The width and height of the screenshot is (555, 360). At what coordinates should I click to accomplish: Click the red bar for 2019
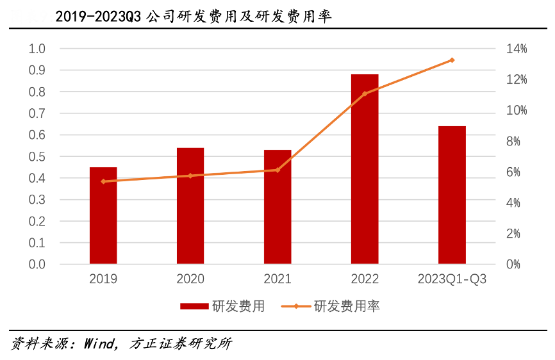tap(103, 215)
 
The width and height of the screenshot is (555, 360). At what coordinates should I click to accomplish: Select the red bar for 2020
tap(190, 206)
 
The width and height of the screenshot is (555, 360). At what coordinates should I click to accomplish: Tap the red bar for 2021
tap(277, 207)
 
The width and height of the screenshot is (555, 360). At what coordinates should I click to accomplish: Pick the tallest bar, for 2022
tap(365, 169)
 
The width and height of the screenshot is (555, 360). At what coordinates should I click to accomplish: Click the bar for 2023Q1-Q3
tap(452, 195)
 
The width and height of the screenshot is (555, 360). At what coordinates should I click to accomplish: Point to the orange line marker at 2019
tap(103, 181)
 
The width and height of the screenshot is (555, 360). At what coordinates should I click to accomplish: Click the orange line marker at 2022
tap(365, 94)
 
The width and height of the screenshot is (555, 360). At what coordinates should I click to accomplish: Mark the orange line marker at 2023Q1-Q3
tap(452, 60)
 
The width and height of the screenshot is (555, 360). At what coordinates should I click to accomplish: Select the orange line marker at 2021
tap(277, 170)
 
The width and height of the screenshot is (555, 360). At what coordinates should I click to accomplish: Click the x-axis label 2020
tap(190, 279)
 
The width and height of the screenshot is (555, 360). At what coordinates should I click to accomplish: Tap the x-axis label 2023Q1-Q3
tap(452, 279)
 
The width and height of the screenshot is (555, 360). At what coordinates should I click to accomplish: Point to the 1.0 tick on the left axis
tap(37, 49)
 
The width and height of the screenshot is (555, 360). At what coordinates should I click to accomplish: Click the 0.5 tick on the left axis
tap(37, 157)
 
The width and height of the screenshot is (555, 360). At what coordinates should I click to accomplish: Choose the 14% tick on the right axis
tap(516, 49)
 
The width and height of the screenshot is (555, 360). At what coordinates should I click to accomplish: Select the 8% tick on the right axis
tap(516, 142)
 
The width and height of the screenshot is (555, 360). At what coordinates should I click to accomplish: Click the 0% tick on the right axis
tap(516, 265)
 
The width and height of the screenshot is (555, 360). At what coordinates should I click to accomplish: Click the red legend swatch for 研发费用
tap(194, 306)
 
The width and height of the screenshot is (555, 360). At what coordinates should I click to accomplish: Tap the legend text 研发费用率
tap(347, 306)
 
